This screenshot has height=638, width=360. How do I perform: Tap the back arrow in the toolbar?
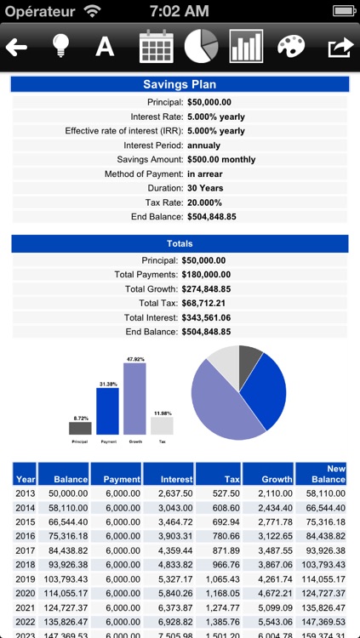[17, 47]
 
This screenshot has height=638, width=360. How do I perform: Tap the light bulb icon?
[60, 47]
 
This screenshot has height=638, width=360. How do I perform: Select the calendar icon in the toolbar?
[156, 47]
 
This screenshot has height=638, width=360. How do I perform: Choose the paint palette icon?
[292, 47]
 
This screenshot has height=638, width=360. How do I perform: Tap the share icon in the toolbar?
[339, 47]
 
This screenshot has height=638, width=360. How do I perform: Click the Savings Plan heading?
[180, 85]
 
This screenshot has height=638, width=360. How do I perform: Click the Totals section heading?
[180, 244]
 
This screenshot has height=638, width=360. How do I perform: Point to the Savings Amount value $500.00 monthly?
[221, 159]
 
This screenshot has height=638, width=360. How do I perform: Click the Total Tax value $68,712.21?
[218, 303]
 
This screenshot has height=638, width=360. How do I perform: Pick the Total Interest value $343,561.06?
[221, 317]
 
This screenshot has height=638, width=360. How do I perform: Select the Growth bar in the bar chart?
[134, 399]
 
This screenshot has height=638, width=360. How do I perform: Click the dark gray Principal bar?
[80, 428]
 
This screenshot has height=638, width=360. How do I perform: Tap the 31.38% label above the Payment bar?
[107, 384]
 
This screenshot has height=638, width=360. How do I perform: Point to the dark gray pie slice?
[250, 361]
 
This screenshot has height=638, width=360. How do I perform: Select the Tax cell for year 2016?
[218, 536]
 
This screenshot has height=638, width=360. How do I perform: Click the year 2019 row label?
[26, 579]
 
